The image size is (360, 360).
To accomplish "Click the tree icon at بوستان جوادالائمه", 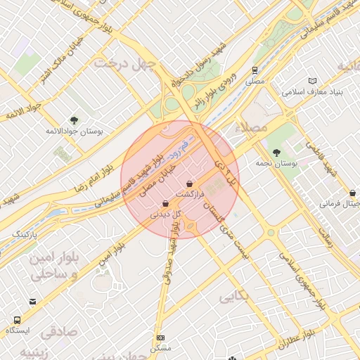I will (x=75, y=120).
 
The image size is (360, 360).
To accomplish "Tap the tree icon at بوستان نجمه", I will (x=276, y=152).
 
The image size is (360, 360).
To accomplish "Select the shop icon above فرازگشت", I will (x=189, y=184).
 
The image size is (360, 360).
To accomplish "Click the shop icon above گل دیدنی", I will (x=165, y=203).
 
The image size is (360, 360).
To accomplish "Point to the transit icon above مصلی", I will (x=254, y=70).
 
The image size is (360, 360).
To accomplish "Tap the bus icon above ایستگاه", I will (x=32, y=302).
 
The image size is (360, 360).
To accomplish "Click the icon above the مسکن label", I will (x=161, y=337).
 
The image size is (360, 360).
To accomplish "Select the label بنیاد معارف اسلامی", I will (x=311, y=91).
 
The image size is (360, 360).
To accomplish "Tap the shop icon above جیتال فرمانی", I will (x=352, y=193).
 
